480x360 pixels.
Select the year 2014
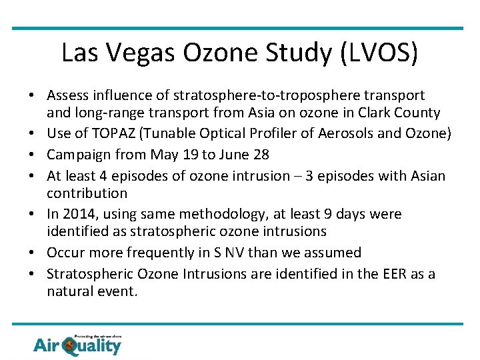tap(77, 214)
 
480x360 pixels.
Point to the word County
tap(417, 113)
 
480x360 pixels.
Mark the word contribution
tap(87, 193)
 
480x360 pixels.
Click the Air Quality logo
tap(77, 344)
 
